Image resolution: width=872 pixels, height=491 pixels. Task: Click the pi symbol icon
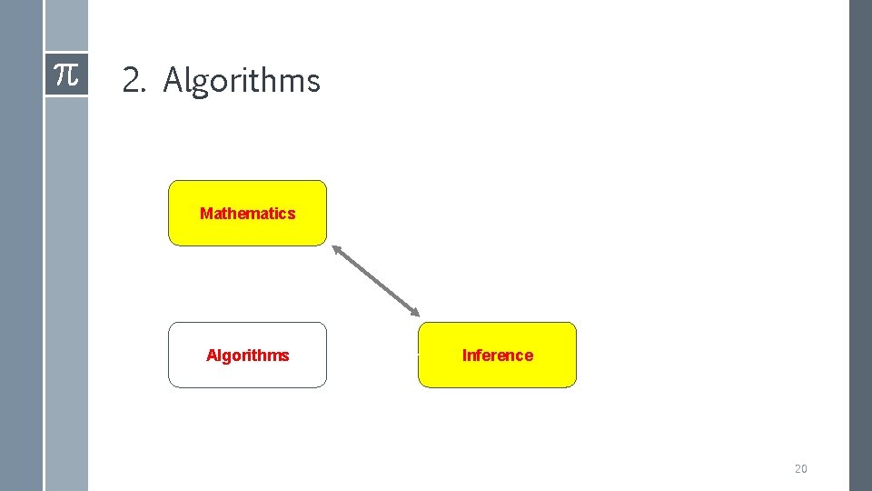[x=66, y=75]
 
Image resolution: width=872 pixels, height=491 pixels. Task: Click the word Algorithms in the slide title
[x=242, y=81]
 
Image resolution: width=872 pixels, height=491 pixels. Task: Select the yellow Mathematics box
[x=247, y=213]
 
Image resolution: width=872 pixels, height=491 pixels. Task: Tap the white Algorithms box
[x=247, y=355]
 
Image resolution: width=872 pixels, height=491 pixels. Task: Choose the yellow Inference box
[x=497, y=355]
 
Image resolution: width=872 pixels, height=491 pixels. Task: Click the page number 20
[x=800, y=469]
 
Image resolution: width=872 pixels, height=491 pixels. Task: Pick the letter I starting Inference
[x=464, y=356]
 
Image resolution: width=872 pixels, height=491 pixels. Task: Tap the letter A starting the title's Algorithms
[x=173, y=81]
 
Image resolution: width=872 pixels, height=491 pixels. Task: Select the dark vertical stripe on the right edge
[x=859, y=245]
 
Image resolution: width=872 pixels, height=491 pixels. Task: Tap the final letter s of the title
[x=314, y=82]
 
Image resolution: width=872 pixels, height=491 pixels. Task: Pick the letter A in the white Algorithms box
[x=212, y=356]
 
